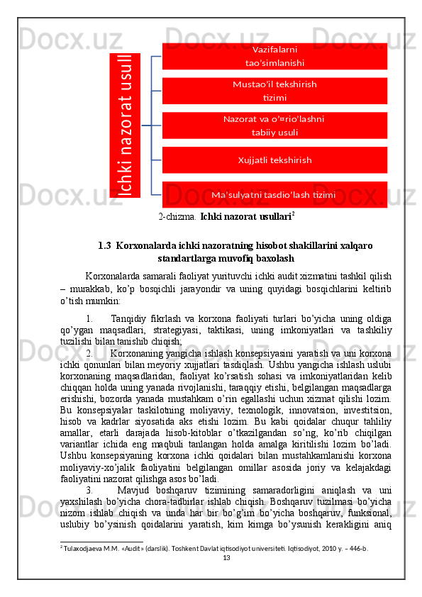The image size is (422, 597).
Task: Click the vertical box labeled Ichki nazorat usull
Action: (124, 125)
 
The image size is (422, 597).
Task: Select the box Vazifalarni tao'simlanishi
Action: (274, 56)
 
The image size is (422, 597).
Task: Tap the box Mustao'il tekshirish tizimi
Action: (274, 91)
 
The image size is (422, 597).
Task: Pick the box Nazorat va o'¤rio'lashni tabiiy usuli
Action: (274, 125)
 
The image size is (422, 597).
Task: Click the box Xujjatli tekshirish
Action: (274, 160)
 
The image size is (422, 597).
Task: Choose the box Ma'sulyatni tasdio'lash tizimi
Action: (274, 195)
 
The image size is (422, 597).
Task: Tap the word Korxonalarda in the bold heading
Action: (147, 246)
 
